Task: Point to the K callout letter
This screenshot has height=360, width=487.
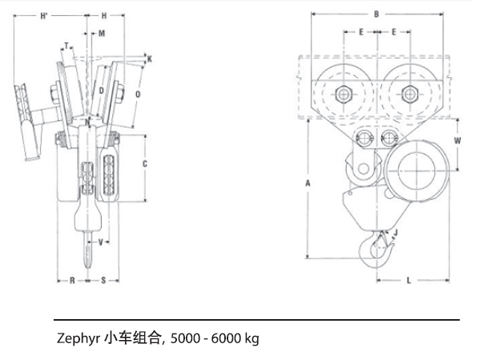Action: click(150, 59)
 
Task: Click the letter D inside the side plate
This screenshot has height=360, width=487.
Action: click(102, 91)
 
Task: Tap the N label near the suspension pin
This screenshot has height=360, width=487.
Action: click(87, 121)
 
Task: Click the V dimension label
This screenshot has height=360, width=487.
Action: click(100, 241)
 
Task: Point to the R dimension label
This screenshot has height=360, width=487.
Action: click(71, 281)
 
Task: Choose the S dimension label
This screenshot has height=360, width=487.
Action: click(104, 281)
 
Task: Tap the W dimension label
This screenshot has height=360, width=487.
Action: click(457, 140)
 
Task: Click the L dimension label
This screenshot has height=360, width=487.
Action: click(408, 281)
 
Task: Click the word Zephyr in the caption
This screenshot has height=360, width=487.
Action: click(78, 338)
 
